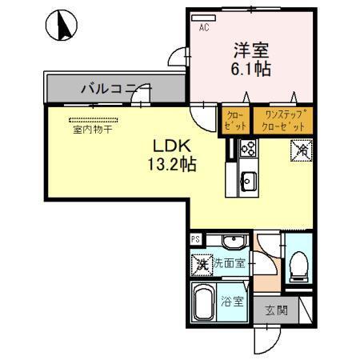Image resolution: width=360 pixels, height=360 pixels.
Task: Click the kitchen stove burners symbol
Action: coord(247,148)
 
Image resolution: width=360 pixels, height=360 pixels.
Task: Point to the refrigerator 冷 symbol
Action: coord(305,149)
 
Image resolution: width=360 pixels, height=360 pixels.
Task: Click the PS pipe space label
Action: coord(195,238)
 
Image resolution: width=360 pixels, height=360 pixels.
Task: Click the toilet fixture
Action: coord(300,266)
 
